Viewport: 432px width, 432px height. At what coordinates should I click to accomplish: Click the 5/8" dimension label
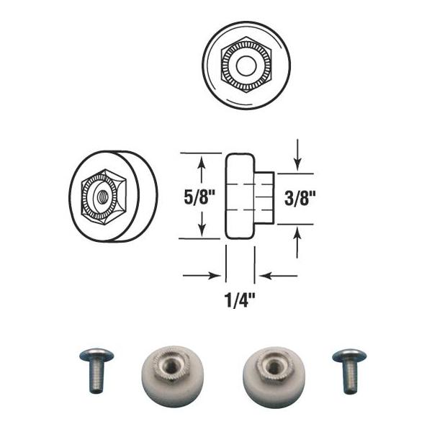199,197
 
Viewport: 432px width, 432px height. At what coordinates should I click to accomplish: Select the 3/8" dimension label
300,198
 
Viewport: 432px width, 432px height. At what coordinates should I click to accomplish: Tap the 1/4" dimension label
240,300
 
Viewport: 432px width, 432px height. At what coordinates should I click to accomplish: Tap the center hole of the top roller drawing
246,66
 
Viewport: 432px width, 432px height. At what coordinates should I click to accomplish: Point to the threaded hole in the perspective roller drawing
103,197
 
